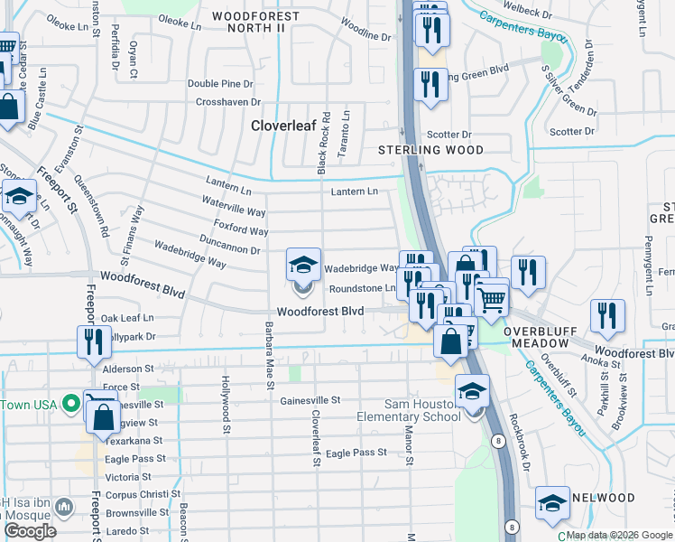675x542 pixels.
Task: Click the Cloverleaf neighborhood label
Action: coord(282,126)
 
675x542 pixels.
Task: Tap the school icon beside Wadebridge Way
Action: coord(303,265)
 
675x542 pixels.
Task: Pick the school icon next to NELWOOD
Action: coord(551,504)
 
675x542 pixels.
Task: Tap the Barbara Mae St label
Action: coord(269,356)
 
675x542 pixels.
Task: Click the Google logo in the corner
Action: coord(31,531)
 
